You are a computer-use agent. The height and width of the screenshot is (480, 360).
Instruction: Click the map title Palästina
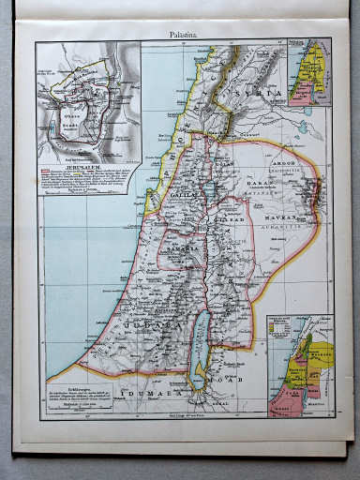(183, 35)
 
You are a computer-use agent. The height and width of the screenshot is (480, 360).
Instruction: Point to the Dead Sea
(200, 347)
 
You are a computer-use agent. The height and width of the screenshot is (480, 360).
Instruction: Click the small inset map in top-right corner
(308, 71)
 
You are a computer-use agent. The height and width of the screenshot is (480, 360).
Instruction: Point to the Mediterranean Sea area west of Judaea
(75, 281)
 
